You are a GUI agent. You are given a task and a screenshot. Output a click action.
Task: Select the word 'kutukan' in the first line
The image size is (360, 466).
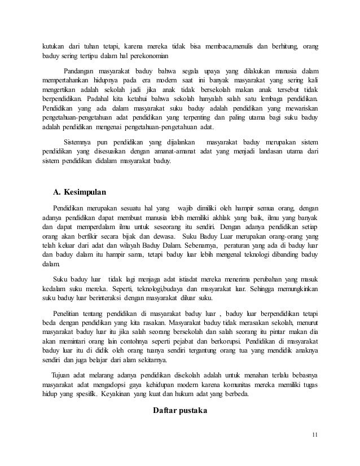[55, 46]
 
